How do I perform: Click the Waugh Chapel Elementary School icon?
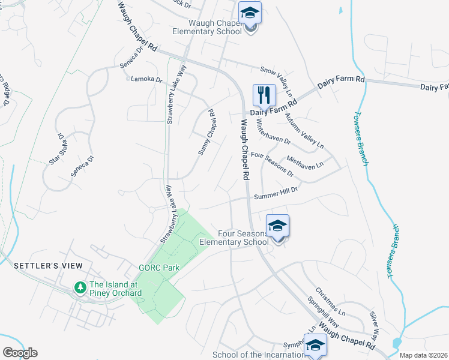click(x=250, y=13)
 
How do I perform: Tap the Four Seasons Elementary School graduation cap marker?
click(x=277, y=226)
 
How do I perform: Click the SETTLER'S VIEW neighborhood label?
click(x=47, y=265)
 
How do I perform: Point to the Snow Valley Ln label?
click(x=277, y=82)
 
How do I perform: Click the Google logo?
click(x=20, y=353)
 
